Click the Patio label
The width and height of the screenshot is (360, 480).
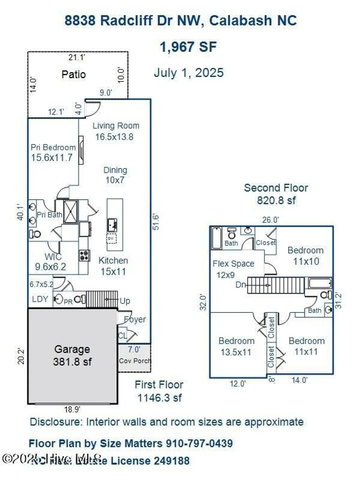pyautogui.click(x=74, y=75)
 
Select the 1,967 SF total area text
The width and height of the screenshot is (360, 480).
pyautogui.click(x=188, y=47)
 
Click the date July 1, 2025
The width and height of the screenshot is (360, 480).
pyautogui.click(x=188, y=73)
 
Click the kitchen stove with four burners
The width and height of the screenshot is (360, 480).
pyautogui.click(x=84, y=255)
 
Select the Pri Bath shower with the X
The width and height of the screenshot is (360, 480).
pyautogui.click(x=70, y=212)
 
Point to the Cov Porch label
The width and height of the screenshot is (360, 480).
pyautogui.click(x=134, y=361)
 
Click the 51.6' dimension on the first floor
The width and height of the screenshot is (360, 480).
pyautogui.click(x=156, y=221)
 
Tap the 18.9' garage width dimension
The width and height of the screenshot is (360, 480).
pyautogui.click(x=72, y=409)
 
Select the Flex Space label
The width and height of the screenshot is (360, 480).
pyautogui.click(x=233, y=264)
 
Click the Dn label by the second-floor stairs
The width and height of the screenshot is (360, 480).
pyautogui.click(x=241, y=284)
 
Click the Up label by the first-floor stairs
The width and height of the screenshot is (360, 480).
pyautogui.click(x=125, y=301)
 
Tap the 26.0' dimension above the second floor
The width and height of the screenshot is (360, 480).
pyautogui.click(x=270, y=220)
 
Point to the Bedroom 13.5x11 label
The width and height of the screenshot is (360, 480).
pyautogui.click(x=236, y=346)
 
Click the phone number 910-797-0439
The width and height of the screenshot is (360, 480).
pyautogui.click(x=199, y=444)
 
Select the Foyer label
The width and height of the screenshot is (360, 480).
pyautogui.click(x=135, y=319)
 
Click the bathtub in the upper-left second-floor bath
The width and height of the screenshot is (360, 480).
pyautogui.click(x=217, y=238)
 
